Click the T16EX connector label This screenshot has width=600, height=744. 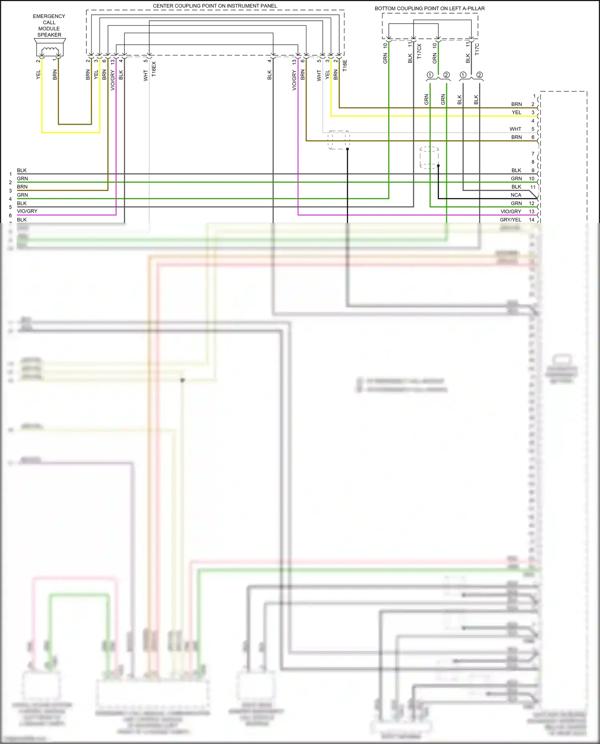[x=154, y=69]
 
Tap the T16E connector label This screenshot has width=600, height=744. [x=345, y=66]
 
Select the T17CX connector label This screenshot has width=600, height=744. [x=419, y=52]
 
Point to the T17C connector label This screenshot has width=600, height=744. [x=477, y=50]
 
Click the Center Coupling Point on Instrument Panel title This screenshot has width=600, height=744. [x=215, y=6]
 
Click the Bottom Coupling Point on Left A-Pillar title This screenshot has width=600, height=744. [x=429, y=8]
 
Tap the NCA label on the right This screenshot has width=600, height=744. [x=516, y=195]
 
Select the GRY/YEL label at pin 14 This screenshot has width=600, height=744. [x=510, y=219]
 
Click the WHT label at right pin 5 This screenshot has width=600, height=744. [x=515, y=129]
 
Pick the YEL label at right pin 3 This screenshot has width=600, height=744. [x=516, y=112]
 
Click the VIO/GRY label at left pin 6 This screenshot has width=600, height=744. [x=27, y=211]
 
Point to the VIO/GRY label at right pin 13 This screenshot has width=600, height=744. [x=511, y=211]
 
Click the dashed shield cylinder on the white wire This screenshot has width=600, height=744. [x=339, y=140]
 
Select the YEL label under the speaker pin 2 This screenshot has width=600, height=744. [x=38, y=74]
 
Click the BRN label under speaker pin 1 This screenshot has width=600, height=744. [x=55, y=74]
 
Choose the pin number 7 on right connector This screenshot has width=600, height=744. [x=533, y=154]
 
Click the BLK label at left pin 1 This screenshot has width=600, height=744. [x=22, y=170]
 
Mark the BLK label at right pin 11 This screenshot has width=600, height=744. [x=516, y=187]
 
